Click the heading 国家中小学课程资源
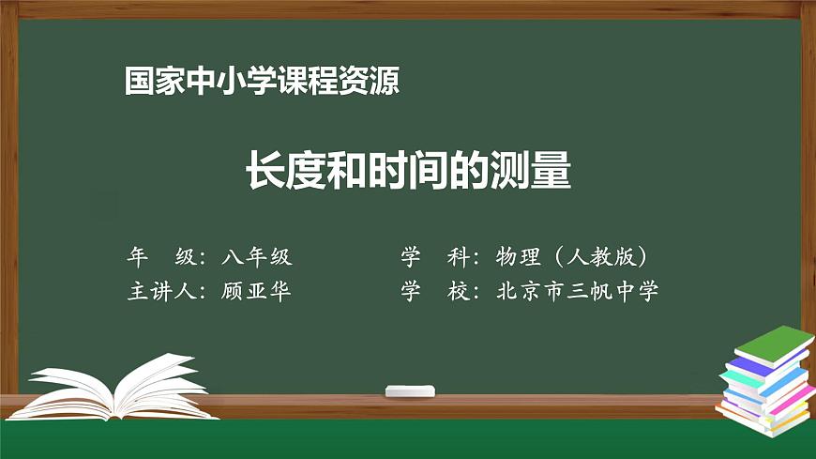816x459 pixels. coord(263,82)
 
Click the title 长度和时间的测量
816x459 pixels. coord(408,171)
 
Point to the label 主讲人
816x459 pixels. coord(160,291)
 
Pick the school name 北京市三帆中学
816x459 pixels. coord(578,291)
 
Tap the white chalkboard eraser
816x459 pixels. coord(411,390)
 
